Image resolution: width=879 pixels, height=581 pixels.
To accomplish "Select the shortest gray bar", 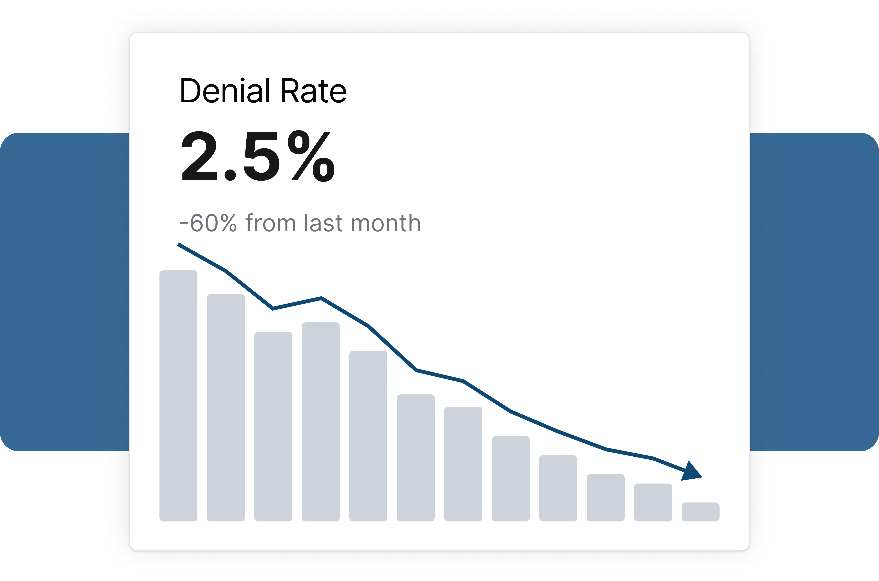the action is click(x=701, y=512).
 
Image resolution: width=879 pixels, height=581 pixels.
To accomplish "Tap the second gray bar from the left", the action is click(x=226, y=407).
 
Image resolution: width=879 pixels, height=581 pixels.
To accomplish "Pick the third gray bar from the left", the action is click(x=273, y=426).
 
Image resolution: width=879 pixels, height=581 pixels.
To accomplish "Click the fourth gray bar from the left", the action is click(x=321, y=422).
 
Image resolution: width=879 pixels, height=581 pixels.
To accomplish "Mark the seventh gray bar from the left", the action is click(x=463, y=464).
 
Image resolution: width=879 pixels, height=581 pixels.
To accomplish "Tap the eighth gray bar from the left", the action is click(x=511, y=479).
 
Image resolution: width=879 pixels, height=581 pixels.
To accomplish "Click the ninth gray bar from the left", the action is click(x=558, y=488).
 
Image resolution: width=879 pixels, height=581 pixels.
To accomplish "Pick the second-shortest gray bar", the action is click(x=653, y=502).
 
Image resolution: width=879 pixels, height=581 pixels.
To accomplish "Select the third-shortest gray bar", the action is click(x=606, y=498).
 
